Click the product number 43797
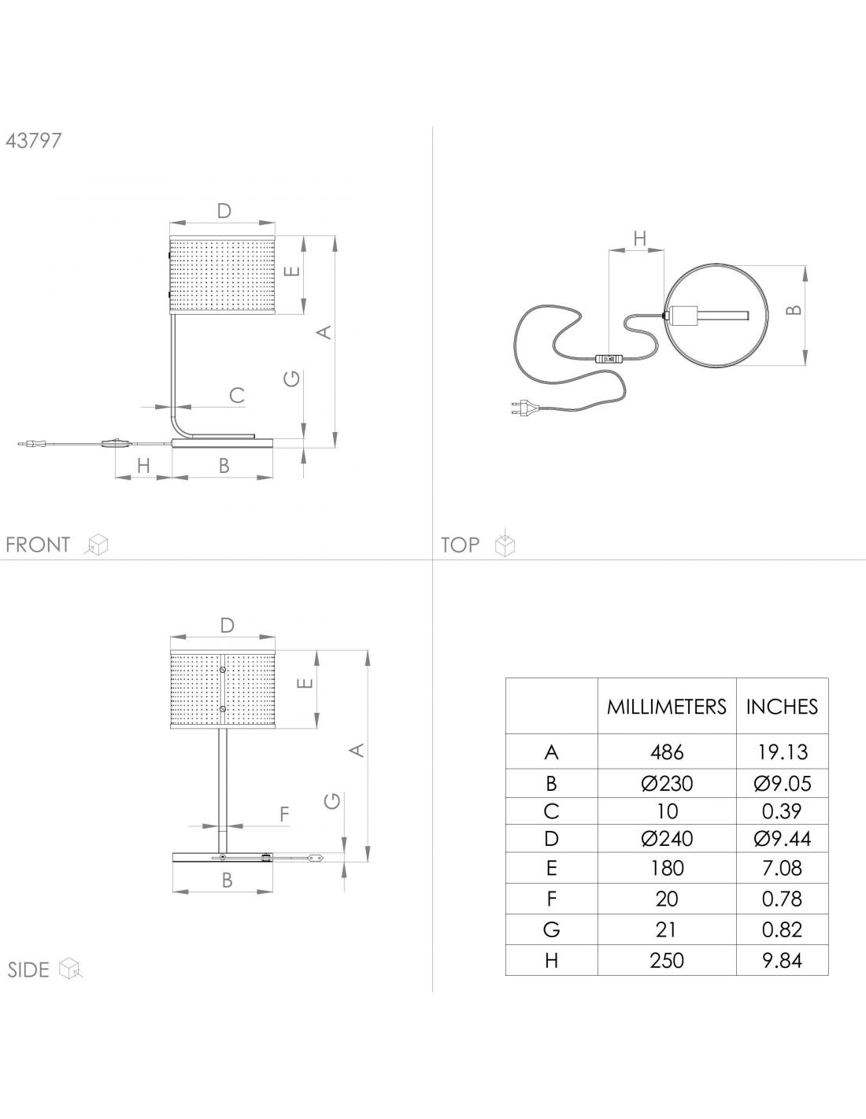click(x=34, y=141)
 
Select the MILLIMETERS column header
click(x=667, y=707)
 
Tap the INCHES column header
click(x=782, y=707)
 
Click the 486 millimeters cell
click(x=667, y=753)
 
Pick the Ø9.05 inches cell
click(x=782, y=783)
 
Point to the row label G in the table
click(x=551, y=929)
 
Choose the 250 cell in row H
click(x=667, y=960)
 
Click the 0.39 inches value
click(x=782, y=811)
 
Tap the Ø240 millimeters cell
click(x=667, y=839)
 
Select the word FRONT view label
click(x=38, y=545)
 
